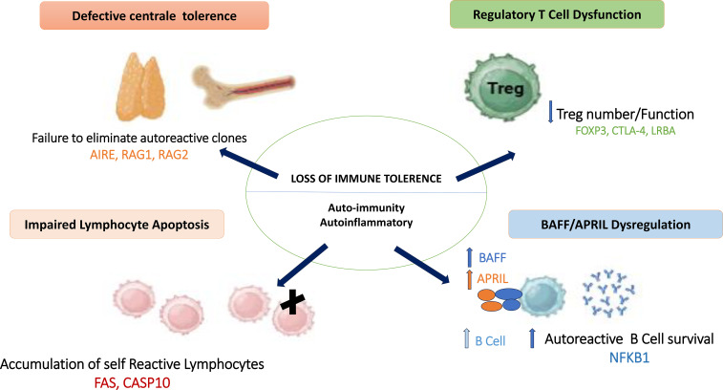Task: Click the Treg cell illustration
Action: point(502,87)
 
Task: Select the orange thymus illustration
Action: point(140,87)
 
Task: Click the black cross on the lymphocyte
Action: point(292,302)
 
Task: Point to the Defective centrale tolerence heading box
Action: point(154,15)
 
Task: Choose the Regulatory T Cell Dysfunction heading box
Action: point(557,14)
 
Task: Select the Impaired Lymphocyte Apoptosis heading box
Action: point(117,225)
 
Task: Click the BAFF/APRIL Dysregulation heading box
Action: point(616,225)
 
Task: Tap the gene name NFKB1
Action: point(629,357)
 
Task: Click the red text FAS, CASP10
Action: point(132,382)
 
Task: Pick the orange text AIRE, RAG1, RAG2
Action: point(138,155)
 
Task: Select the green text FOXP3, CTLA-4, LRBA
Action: point(625,131)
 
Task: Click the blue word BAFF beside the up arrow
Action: point(492,257)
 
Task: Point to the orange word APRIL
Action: point(493,278)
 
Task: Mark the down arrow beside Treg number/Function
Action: point(550,112)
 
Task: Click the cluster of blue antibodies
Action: point(608,293)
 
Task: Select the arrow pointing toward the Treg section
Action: point(485,165)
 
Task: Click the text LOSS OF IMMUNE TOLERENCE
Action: point(366,179)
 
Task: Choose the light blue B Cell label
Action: point(490,341)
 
